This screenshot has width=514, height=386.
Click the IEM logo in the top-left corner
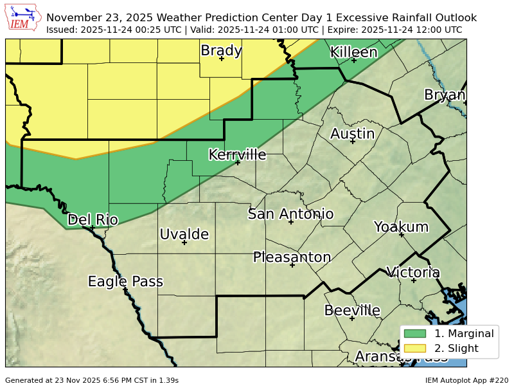pyautogui.click(x=23, y=17)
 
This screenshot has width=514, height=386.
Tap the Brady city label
pyautogui.click(x=221, y=50)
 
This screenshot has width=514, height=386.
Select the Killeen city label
pyautogui.click(x=353, y=52)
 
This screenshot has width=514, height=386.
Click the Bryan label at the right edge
pyautogui.click(x=445, y=95)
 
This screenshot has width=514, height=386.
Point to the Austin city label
pyautogui.click(x=352, y=134)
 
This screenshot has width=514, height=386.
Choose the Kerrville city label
pyautogui.click(x=237, y=154)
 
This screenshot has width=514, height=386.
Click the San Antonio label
pyautogui.click(x=290, y=214)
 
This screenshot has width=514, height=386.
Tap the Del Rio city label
pyautogui.click(x=93, y=219)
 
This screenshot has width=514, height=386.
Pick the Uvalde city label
pyautogui.click(x=184, y=234)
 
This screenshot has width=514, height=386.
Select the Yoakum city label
pyautogui.click(x=401, y=226)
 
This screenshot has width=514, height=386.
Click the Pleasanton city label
pyautogui.click(x=292, y=257)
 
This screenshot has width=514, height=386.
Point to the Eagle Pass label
pyautogui.click(x=125, y=281)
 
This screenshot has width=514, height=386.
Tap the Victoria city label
pyautogui.click(x=413, y=272)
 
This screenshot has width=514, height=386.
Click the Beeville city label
pyautogui.click(x=352, y=310)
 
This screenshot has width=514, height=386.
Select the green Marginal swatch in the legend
pyautogui.click(x=415, y=333)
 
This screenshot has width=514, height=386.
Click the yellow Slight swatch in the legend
pyautogui.click(x=415, y=348)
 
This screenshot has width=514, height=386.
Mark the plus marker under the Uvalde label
pyautogui.click(x=184, y=243)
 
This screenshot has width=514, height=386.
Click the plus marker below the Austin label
pyautogui.click(x=352, y=142)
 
